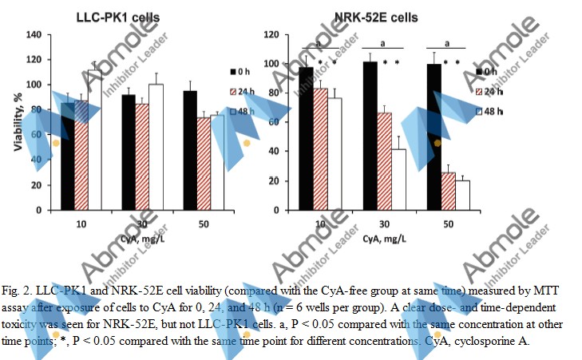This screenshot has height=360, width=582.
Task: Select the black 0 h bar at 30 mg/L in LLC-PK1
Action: (128, 152)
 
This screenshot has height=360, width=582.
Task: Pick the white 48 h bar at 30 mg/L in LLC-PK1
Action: (156, 147)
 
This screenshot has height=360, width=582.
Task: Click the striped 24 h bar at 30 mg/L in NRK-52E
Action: (385, 160)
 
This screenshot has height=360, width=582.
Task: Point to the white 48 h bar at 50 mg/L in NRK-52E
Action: (462, 195)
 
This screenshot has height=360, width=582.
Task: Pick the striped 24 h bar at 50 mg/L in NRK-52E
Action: (447, 191)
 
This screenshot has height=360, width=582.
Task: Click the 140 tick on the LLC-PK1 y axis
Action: (34, 35)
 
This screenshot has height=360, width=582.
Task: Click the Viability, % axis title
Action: (15, 122)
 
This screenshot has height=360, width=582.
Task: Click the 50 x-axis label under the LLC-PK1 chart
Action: (204, 224)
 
